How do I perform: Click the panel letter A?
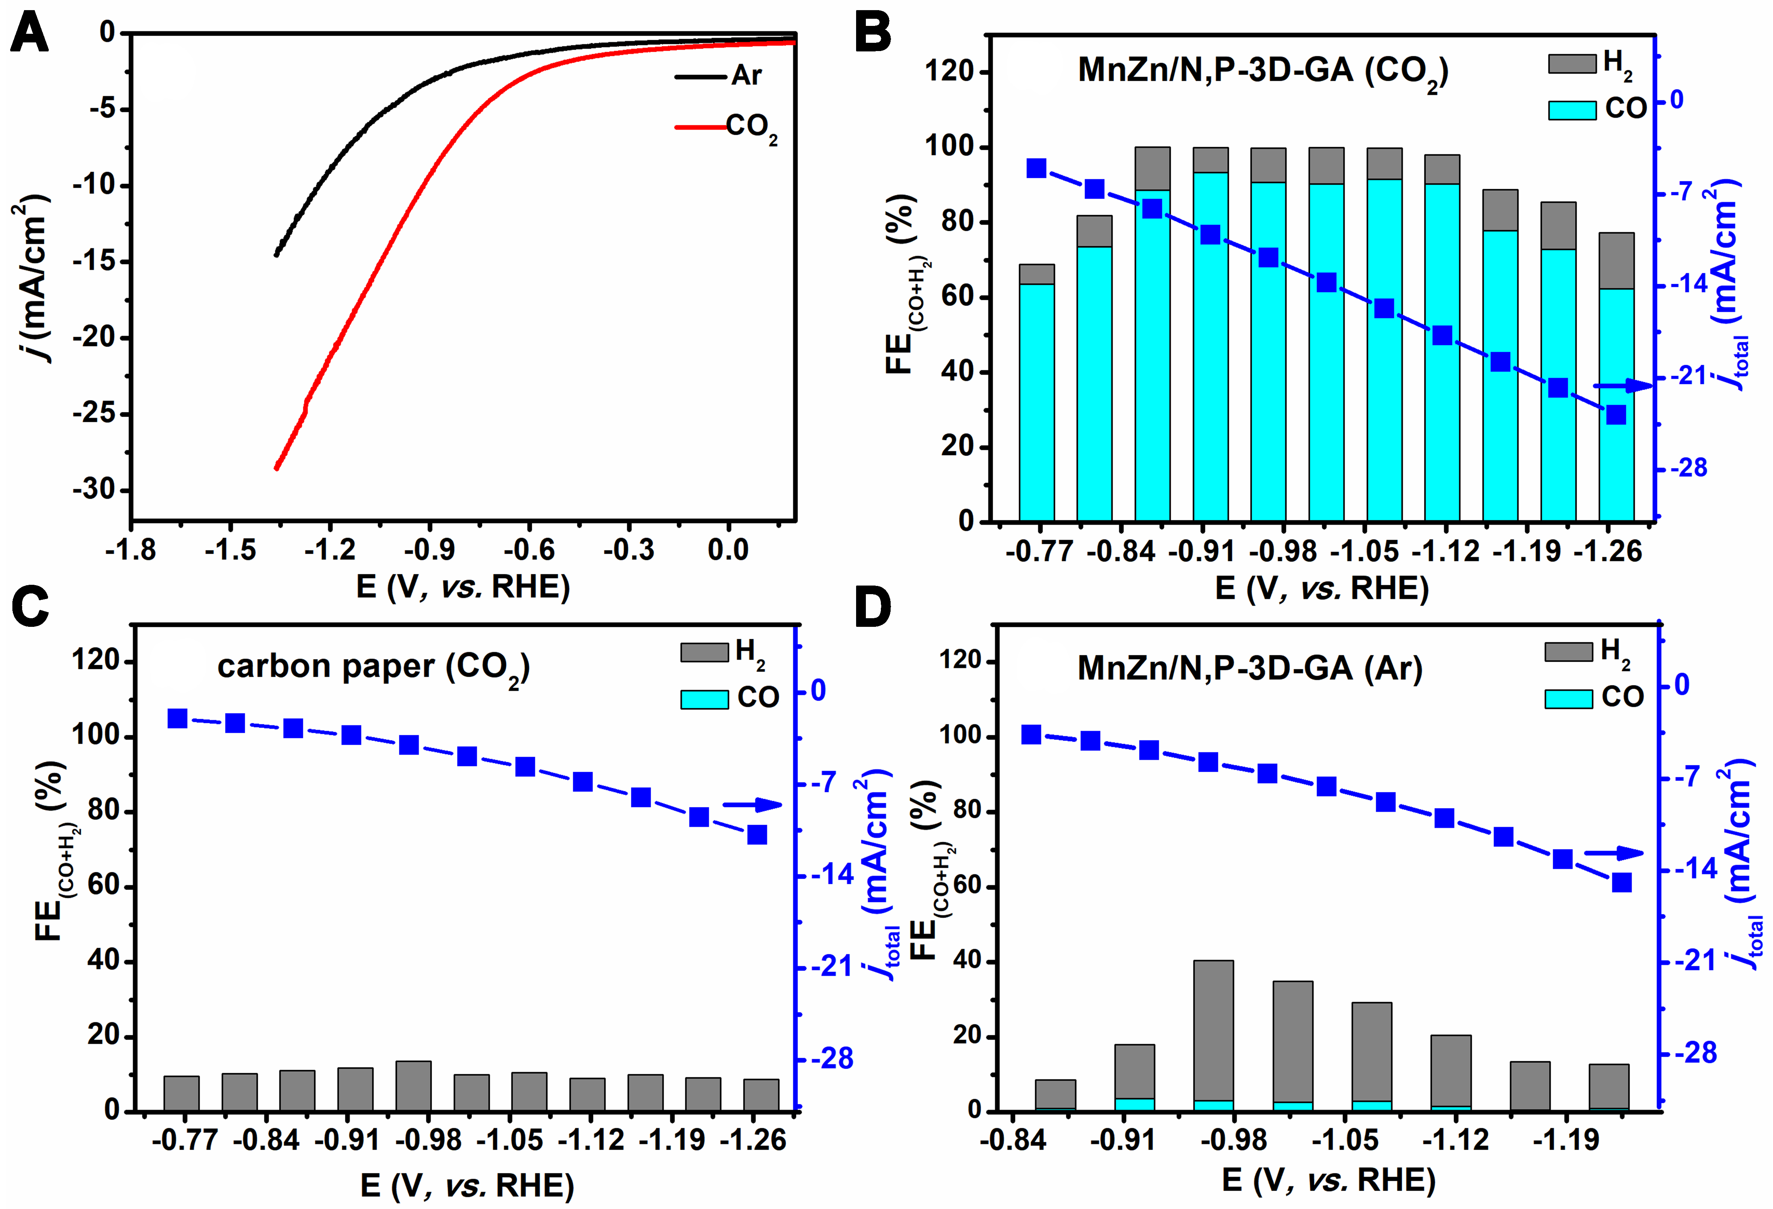[29, 34]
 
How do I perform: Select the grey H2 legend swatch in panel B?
[1571, 63]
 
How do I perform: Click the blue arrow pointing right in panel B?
[1623, 387]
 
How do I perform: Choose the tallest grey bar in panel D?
[1213, 1035]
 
